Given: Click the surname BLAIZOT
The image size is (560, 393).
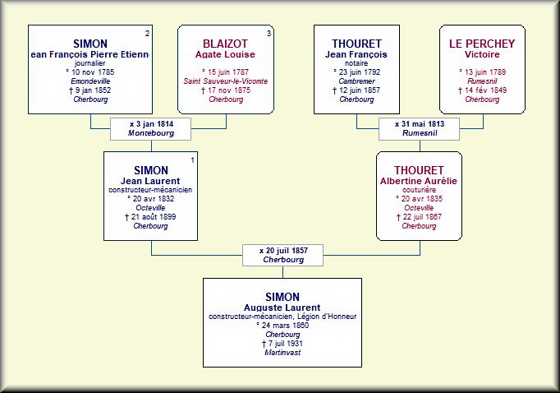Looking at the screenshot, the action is point(225,44).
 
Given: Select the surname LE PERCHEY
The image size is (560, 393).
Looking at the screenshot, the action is point(482,44).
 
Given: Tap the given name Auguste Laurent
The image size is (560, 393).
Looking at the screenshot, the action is point(282,307).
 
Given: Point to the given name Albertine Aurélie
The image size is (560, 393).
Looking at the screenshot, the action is point(419,181).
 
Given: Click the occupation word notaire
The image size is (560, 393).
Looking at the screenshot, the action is point(356,63).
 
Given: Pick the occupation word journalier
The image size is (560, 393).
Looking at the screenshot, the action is point(90,63).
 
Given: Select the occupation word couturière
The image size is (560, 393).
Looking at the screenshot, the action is point(419,190).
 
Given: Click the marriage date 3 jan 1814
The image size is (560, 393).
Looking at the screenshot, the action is point(154,124).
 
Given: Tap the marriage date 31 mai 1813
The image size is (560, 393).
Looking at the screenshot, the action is point(423,124).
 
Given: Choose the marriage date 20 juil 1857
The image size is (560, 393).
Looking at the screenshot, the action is point(287,251).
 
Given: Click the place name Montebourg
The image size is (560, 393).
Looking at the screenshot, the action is point(151,133).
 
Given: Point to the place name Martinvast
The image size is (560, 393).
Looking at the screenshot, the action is point(282,353).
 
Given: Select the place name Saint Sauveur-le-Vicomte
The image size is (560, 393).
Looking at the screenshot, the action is point(226,81).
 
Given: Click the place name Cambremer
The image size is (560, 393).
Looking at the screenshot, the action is point(357,81).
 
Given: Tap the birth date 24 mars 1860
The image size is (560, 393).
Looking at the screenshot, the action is point(285,326).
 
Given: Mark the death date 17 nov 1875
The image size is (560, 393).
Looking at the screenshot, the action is point(229,90).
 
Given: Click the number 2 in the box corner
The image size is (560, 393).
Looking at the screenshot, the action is point(148,34).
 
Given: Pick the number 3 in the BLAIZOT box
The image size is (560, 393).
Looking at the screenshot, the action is point(269,34).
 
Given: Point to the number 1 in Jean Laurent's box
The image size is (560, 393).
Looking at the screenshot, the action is point(192,160).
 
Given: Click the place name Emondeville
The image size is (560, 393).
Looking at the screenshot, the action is point(90,81).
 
